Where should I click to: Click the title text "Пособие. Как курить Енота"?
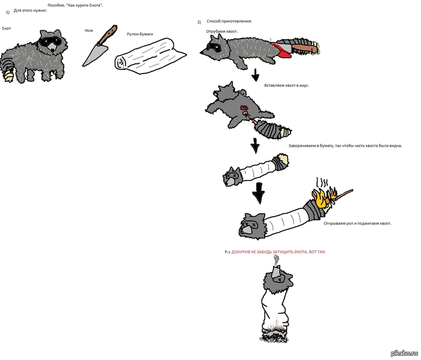75,5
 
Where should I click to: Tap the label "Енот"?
7,28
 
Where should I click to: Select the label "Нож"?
89,30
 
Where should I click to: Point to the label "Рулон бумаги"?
140,34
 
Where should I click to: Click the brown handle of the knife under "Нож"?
108,35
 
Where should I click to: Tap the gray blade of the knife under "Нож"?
94,55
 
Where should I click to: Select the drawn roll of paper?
150,57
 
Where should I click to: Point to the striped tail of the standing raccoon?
7,69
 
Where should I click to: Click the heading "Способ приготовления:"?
229,21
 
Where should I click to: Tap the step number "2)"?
199,22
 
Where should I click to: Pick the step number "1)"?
8,13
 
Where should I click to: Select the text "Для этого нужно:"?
30,11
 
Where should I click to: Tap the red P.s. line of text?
275,252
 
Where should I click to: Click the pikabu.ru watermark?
404,353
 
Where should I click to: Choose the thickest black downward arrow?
259,193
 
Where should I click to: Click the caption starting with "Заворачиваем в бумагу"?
345,146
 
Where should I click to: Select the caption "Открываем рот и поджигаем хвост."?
357,223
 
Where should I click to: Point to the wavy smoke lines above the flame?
322,182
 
